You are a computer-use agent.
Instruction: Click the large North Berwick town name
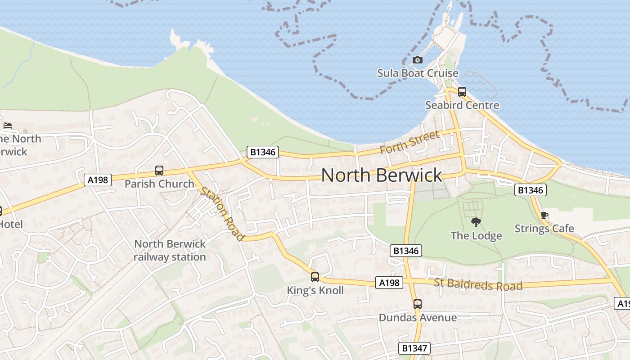tap(382, 175)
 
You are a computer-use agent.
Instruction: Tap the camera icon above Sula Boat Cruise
tap(417, 60)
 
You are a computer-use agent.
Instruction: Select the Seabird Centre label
tap(462, 105)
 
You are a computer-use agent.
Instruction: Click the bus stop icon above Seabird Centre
tap(462, 92)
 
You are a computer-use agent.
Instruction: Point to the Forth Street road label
tap(409, 143)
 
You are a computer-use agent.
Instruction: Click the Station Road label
tap(222, 213)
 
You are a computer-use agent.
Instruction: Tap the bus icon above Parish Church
tap(159, 171)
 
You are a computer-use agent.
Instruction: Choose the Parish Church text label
tap(159, 184)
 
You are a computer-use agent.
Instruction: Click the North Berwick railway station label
tap(170, 250)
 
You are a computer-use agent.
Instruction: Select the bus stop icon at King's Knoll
tap(315, 277)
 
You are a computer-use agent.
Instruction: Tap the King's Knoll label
tap(315, 291)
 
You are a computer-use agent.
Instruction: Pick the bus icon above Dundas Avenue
tap(418, 304)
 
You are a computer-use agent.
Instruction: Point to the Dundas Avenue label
tap(418, 318)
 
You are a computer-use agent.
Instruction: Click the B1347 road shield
tap(414, 348)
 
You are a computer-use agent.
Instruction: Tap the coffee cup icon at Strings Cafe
tap(544, 215)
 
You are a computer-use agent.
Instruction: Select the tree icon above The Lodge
tap(476, 222)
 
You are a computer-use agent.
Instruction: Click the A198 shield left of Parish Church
tap(98, 180)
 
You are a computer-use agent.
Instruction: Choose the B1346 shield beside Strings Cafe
tap(531, 190)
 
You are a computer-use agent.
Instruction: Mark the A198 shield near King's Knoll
tap(389, 283)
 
